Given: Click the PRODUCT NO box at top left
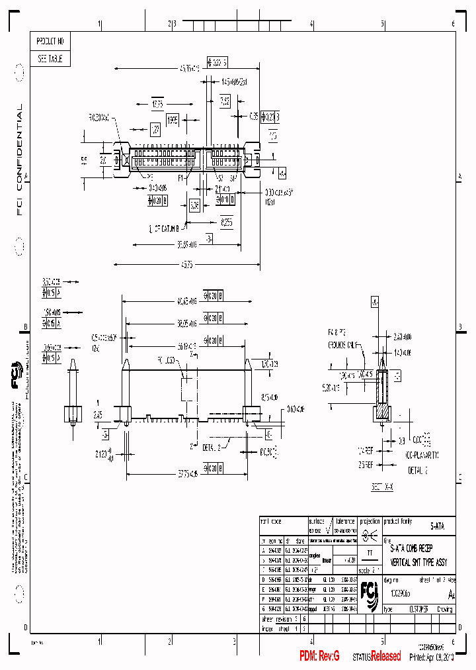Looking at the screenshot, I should pos(50,41).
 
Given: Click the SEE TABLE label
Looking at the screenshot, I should pos(50,59).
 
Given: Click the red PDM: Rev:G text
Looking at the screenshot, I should pos(319,656).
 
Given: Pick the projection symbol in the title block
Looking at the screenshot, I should pos(370,535).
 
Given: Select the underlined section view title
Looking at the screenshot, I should pos(382,486).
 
